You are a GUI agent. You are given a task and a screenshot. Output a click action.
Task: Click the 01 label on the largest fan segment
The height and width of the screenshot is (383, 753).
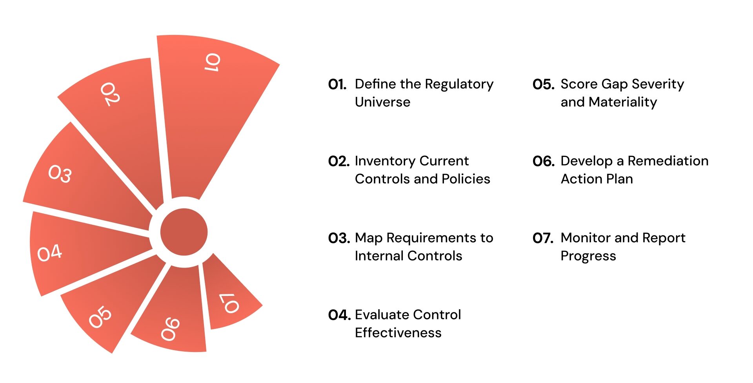click(x=213, y=63)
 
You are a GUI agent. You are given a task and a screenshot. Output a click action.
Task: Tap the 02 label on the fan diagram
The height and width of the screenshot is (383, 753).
click(x=110, y=94)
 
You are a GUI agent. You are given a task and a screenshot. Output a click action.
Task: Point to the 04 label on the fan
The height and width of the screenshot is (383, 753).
click(x=49, y=253)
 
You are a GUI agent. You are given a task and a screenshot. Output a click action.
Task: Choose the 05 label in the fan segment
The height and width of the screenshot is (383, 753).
click(x=100, y=317)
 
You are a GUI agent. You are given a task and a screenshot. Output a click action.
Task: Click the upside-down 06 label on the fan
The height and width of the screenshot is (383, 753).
click(x=171, y=329)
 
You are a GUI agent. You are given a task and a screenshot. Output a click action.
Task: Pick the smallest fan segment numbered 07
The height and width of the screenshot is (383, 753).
click(x=229, y=303)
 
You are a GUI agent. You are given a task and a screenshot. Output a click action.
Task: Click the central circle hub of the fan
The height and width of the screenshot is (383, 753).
click(x=184, y=232)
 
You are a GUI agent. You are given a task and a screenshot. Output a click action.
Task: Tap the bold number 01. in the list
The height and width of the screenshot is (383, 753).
click(x=337, y=84)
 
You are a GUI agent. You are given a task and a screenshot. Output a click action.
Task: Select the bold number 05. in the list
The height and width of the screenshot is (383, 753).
click(x=543, y=84)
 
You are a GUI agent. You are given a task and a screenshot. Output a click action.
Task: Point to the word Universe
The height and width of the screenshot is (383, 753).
click(x=382, y=102)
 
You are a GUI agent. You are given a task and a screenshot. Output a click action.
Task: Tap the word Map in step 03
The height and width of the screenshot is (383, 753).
click(x=369, y=238)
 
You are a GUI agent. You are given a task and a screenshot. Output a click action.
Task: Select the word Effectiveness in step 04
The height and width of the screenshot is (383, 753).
click(x=398, y=333)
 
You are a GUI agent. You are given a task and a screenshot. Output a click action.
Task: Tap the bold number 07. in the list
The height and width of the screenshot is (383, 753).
click(x=543, y=238)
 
